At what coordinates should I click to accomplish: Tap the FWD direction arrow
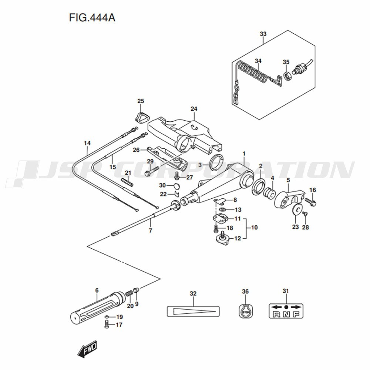pos(87,349)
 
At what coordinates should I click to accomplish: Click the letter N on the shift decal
pos(286,315)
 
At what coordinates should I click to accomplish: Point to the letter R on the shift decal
pos(276,315)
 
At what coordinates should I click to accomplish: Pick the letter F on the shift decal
pos(296,315)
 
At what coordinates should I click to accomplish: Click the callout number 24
pos(194,109)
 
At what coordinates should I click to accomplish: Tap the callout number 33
pos(263,34)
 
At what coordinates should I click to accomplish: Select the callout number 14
pos(87,143)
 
